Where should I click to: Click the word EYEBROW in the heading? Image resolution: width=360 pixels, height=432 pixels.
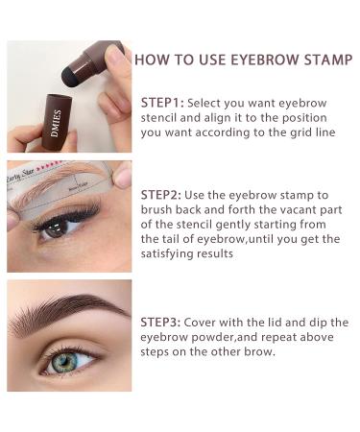265,60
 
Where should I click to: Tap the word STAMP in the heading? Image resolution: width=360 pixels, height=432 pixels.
328,60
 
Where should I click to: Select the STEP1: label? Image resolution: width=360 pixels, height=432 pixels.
162,103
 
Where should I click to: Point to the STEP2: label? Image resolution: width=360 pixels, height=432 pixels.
161,195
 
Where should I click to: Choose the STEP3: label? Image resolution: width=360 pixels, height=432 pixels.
160,322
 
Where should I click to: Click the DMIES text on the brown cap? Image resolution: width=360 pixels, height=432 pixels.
56,124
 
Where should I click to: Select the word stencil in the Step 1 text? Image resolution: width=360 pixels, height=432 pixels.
158,118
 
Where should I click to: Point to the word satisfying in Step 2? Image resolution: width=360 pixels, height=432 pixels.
167,254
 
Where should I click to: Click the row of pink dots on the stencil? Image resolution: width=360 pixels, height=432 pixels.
49,166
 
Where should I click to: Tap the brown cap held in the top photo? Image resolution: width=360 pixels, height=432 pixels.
57,123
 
